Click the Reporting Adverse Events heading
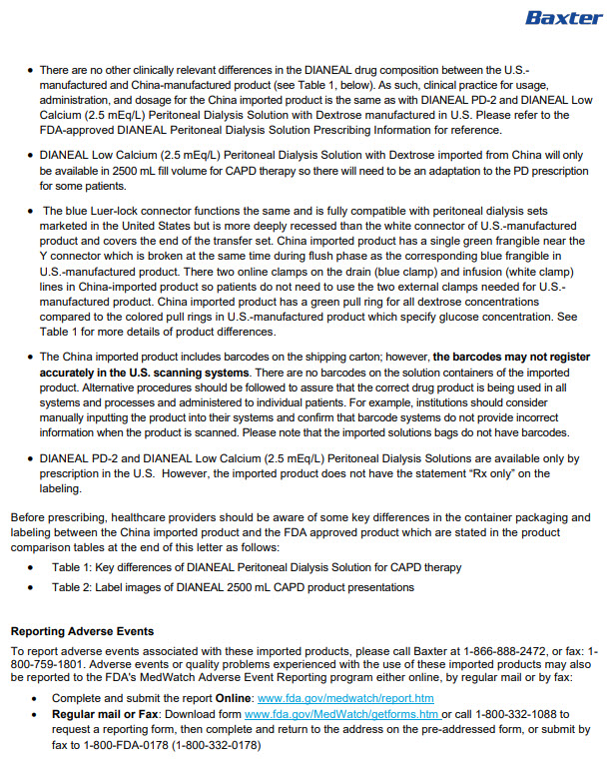[x=82, y=631]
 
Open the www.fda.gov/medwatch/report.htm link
[x=345, y=698]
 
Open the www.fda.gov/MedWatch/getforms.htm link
[x=341, y=714]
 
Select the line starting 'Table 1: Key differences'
[x=257, y=567]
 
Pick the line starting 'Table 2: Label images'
[x=233, y=587]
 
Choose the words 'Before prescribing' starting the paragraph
[x=51, y=517]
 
